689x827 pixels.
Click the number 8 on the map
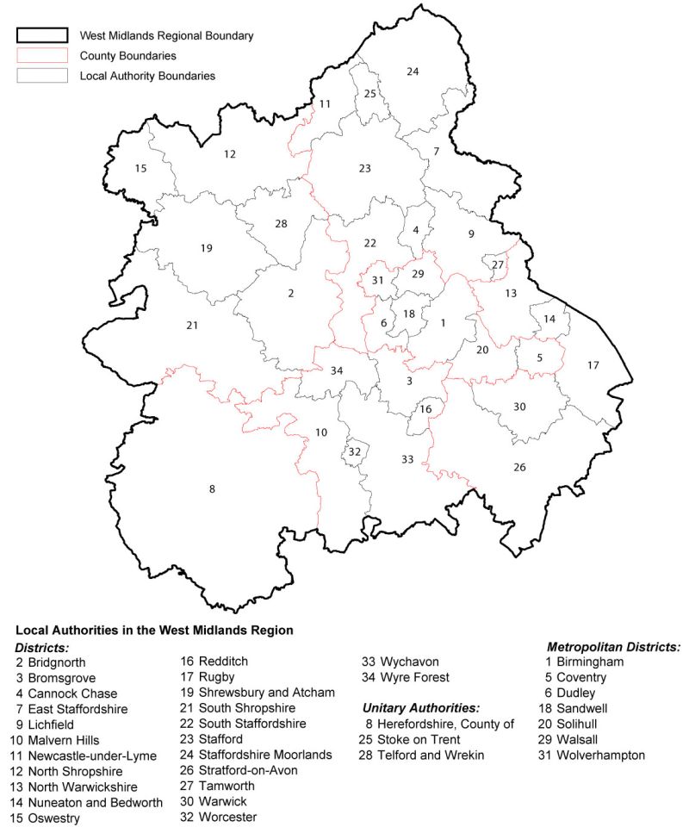[212, 489]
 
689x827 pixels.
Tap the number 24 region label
[413, 72]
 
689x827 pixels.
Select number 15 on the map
[140, 169]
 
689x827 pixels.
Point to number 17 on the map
[593, 365]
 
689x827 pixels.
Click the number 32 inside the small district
[354, 451]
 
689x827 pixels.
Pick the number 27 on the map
[497, 264]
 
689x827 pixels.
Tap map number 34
[337, 370]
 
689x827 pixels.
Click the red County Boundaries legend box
[41, 55]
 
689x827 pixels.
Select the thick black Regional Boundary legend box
[41, 35]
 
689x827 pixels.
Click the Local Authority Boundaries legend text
[147, 76]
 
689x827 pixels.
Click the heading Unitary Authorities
[421, 708]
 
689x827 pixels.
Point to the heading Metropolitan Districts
[614, 646]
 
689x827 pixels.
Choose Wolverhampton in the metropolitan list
[601, 755]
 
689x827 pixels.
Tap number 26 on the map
[519, 468]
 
